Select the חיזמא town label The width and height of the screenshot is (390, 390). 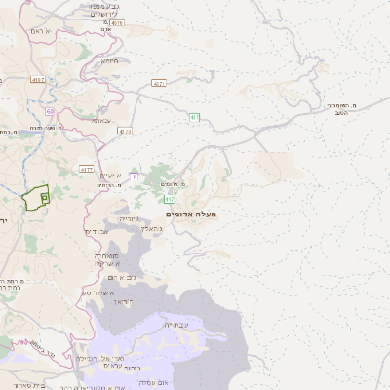(109, 60)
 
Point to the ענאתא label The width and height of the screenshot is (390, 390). (101, 120)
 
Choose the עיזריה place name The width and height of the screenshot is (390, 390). (129, 218)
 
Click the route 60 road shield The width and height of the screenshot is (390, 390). (50, 112)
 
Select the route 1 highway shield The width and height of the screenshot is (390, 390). (135, 175)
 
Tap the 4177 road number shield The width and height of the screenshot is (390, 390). (86, 169)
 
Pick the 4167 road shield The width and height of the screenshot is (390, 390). (38, 80)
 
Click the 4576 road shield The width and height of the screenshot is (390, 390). (117, 21)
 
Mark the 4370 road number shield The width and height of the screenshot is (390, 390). (125, 131)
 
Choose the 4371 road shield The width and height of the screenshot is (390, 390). (159, 84)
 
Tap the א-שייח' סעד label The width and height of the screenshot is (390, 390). (98, 292)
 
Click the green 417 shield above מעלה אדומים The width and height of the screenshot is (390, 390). (195, 117)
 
